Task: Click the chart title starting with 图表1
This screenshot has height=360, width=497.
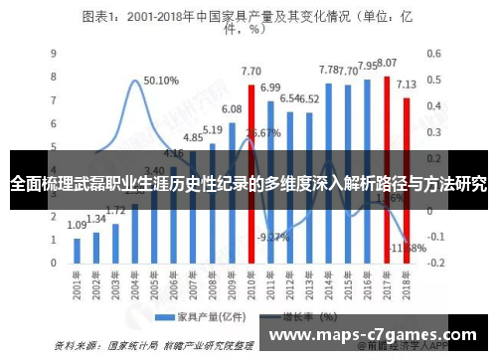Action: coord(248,21)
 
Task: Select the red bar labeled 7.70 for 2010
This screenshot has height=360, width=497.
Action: coord(250,119)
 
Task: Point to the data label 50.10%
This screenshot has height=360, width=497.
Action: coord(160,82)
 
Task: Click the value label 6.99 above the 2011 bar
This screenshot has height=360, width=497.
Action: coord(270,88)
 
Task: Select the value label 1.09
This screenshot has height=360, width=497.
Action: coord(77,226)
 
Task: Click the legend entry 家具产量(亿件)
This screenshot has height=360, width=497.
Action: coord(209,317)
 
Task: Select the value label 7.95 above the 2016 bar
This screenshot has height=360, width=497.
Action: coord(367,67)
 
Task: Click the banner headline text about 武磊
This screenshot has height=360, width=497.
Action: coord(248,184)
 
